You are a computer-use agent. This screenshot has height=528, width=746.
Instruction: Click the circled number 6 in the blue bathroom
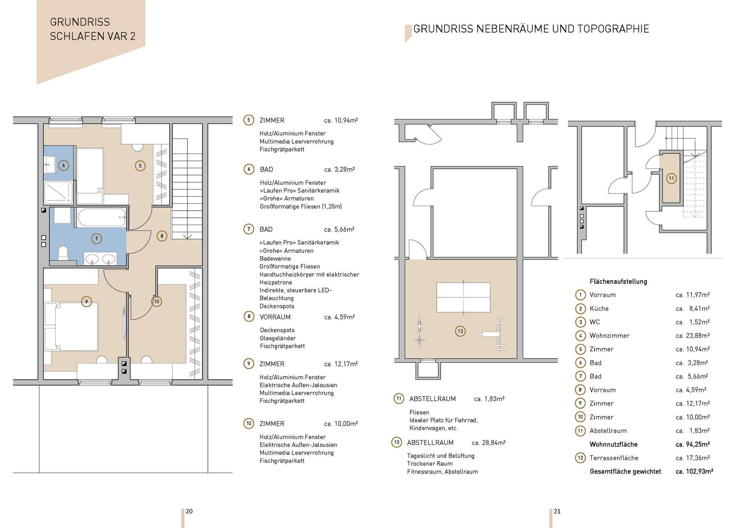coord(64,166)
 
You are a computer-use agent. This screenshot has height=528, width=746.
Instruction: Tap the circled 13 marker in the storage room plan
coord(460,331)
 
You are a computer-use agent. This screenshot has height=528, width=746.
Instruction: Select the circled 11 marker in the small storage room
coord(671,178)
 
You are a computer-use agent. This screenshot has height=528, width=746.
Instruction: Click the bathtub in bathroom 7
coord(102,217)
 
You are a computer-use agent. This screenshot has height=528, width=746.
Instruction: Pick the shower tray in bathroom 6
coord(58,192)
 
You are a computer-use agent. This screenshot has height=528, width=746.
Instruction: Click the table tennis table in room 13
coord(464,297)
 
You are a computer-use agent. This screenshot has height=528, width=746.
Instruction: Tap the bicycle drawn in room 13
coord(420,332)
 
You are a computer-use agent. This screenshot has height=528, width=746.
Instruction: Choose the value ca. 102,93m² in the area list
coord(694,472)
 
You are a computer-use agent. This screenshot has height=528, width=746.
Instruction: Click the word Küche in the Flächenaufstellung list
coord(599,309)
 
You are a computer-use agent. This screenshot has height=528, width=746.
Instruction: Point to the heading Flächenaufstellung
coord(619,281)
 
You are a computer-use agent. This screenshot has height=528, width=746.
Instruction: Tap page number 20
coord(189,511)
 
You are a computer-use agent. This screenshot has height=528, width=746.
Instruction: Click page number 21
coord(557,511)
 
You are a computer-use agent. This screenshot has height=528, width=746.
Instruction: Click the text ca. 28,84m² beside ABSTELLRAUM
coord(489,443)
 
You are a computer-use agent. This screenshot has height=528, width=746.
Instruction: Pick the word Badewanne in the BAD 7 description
coord(275,259)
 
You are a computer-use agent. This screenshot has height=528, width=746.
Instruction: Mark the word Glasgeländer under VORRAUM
coord(278,338)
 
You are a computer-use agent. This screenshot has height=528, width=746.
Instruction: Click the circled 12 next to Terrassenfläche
coord(580,458)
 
